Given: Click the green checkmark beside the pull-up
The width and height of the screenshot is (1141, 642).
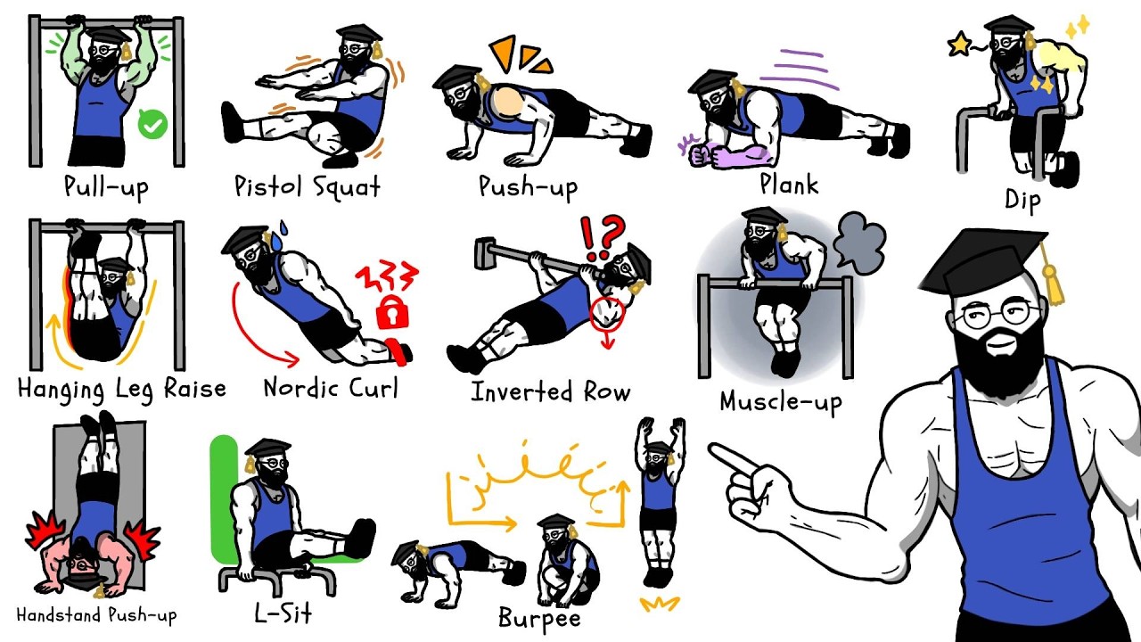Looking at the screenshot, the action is click(x=152, y=123).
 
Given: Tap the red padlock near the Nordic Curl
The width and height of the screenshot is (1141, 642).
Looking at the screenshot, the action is click(x=392, y=312).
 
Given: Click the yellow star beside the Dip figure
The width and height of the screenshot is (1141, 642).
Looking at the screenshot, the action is click(x=960, y=45).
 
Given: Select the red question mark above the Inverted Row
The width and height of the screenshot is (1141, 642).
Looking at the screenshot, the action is click(x=612, y=236).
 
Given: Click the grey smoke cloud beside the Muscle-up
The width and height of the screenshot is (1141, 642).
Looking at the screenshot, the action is click(x=858, y=243).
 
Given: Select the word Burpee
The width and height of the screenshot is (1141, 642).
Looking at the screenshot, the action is click(x=539, y=619).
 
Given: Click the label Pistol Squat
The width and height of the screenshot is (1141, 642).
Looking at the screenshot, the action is click(x=308, y=186).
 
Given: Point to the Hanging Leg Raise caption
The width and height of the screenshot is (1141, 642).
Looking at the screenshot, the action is click(x=121, y=390).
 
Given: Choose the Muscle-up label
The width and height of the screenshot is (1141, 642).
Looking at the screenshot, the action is click(x=780, y=402).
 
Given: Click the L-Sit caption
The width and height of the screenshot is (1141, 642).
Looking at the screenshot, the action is click(x=283, y=613).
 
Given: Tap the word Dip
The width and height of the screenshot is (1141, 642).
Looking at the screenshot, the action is click(x=1022, y=200).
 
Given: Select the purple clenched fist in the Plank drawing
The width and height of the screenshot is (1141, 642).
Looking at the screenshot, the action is click(x=700, y=154).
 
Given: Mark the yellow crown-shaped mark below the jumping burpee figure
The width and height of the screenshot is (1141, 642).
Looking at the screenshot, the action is click(x=660, y=604).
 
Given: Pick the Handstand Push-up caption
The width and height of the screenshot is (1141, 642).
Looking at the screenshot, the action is click(x=96, y=615).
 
